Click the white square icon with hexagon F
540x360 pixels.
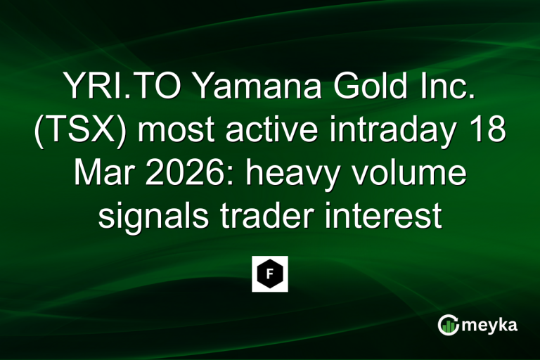coord(270,274)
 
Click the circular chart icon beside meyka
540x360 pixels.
coord(448,325)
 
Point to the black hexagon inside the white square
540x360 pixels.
coord(270,274)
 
